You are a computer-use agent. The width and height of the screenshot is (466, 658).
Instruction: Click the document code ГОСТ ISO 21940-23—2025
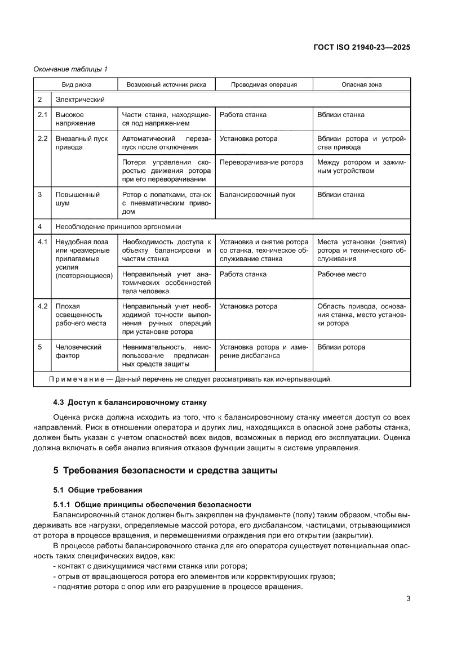pyautogui.click(x=361, y=47)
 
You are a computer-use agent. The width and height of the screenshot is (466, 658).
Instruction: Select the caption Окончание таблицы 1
pyautogui.click(x=71, y=69)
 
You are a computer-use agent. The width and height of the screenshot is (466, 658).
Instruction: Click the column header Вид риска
pyautogui.click(x=76, y=84)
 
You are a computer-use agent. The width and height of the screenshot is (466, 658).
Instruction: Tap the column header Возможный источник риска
pyautogui.click(x=166, y=84)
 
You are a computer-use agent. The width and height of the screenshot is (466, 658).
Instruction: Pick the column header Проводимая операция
pyautogui.click(x=264, y=84)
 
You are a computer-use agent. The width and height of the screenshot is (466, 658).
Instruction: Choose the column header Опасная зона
pyautogui.click(x=361, y=84)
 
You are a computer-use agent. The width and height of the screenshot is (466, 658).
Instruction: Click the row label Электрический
pyautogui.click(x=80, y=100)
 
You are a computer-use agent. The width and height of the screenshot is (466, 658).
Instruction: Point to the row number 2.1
pyautogui.click(x=42, y=115)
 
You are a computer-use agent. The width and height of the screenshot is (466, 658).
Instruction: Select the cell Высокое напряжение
pyautogui.click(x=76, y=119)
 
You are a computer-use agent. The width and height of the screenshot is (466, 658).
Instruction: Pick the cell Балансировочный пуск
pyautogui.click(x=257, y=195)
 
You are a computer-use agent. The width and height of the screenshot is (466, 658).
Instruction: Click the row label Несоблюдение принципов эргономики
pyautogui.click(x=118, y=227)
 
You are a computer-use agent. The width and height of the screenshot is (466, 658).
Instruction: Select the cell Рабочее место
pyautogui.click(x=341, y=274)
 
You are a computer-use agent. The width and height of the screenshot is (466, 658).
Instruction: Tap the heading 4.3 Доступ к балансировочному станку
pyautogui.click(x=129, y=402)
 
